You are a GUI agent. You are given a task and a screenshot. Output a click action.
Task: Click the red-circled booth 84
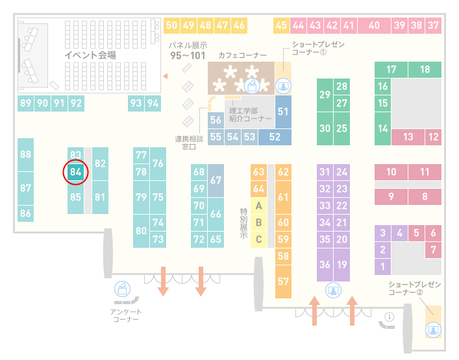pos(75,172)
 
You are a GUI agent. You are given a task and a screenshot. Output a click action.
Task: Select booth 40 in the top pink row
pos(374,26)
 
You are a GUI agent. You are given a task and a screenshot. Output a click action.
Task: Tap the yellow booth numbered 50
pos(171,26)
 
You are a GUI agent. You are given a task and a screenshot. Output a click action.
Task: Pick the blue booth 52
pos(275,137)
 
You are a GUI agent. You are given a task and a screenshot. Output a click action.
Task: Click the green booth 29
pos(325,95)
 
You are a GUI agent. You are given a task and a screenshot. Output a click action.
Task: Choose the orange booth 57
pos(283,282)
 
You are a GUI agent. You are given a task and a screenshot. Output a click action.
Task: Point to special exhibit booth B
pos(258,222)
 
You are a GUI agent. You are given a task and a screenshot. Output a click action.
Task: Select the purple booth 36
pos(325,265)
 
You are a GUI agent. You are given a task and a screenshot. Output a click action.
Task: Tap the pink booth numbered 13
pos(408,137)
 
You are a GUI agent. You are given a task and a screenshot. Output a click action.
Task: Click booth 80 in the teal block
pos(141,231)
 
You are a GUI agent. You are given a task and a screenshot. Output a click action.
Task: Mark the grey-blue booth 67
pos(216,180)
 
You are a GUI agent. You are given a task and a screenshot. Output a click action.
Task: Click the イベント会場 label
pos(90,55)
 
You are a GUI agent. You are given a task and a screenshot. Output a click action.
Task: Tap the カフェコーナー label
pos(242,55)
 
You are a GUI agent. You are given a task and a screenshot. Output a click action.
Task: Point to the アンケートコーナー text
pos(126,315)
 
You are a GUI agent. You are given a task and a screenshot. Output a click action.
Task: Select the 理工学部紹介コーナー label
pos(251,115)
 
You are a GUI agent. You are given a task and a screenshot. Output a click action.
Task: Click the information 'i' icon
pos(390,317)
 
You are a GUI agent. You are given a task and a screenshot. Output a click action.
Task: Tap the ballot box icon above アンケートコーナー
pos(122,289)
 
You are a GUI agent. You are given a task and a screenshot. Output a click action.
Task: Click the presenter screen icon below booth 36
pos(333,291)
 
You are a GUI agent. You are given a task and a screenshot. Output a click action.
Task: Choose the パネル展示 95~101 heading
pos(188,51)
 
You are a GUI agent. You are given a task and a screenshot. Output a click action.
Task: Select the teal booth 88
pos(25,155)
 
